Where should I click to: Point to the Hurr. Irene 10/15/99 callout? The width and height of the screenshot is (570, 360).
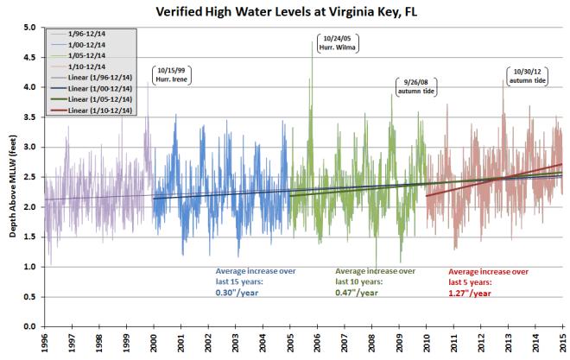click(171, 74)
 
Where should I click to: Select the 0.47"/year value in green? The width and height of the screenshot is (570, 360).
click(354, 292)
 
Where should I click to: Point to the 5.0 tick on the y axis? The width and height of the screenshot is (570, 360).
click(29, 28)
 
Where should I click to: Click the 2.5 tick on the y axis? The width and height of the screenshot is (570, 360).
click(29, 177)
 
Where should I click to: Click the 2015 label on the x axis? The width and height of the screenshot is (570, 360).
click(562, 344)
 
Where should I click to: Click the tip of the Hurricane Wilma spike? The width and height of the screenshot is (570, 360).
click(312, 42)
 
